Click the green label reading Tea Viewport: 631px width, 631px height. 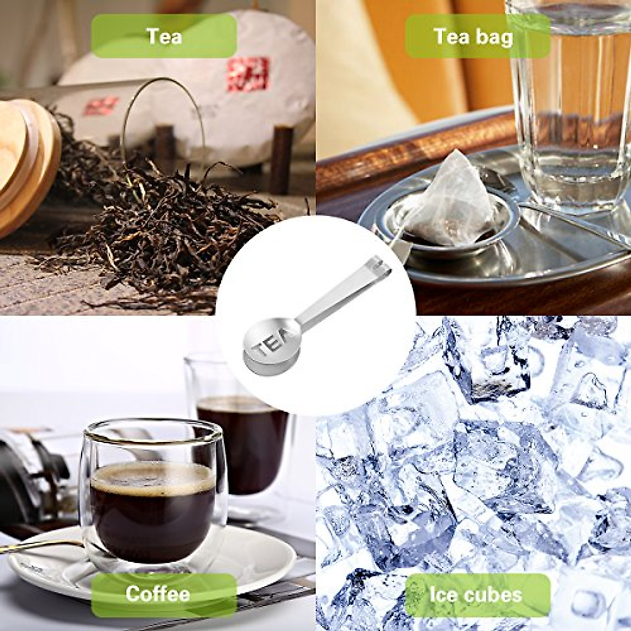164,36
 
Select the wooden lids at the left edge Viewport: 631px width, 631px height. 26,158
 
